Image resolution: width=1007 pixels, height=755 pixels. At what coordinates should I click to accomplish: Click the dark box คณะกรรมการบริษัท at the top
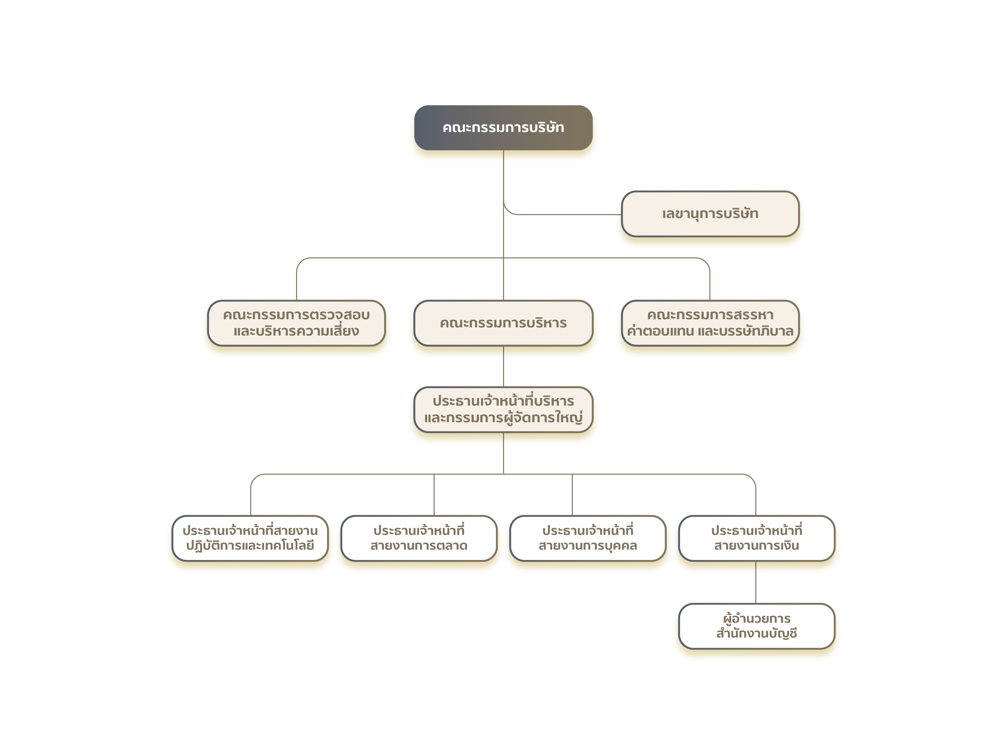click(x=503, y=127)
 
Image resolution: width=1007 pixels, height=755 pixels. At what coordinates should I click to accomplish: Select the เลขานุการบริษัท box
click(x=710, y=214)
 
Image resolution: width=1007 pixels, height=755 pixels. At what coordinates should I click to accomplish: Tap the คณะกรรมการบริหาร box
click(x=503, y=323)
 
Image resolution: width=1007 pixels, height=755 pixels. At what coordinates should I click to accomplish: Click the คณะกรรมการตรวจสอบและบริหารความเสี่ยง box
click(x=296, y=323)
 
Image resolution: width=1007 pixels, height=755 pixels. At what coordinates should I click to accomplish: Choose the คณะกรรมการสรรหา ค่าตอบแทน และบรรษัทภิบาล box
click(x=710, y=323)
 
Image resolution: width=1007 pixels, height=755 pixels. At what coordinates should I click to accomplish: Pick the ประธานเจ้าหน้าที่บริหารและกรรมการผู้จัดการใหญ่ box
click(x=503, y=410)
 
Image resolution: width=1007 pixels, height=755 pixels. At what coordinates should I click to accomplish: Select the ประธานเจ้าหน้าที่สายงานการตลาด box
click(x=419, y=538)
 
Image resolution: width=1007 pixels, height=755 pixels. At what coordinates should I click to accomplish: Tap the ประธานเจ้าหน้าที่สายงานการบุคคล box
click(x=588, y=538)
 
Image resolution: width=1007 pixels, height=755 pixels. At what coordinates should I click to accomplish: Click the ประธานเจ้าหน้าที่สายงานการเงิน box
click(x=757, y=538)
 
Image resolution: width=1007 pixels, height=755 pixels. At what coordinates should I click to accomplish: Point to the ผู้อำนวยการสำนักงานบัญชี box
click(x=757, y=626)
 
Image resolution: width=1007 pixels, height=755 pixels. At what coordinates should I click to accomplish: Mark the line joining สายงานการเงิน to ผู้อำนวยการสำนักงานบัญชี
click(x=756, y=583)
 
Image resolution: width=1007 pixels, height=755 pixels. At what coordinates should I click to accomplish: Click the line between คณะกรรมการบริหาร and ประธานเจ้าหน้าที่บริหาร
click(x=503, y=366)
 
